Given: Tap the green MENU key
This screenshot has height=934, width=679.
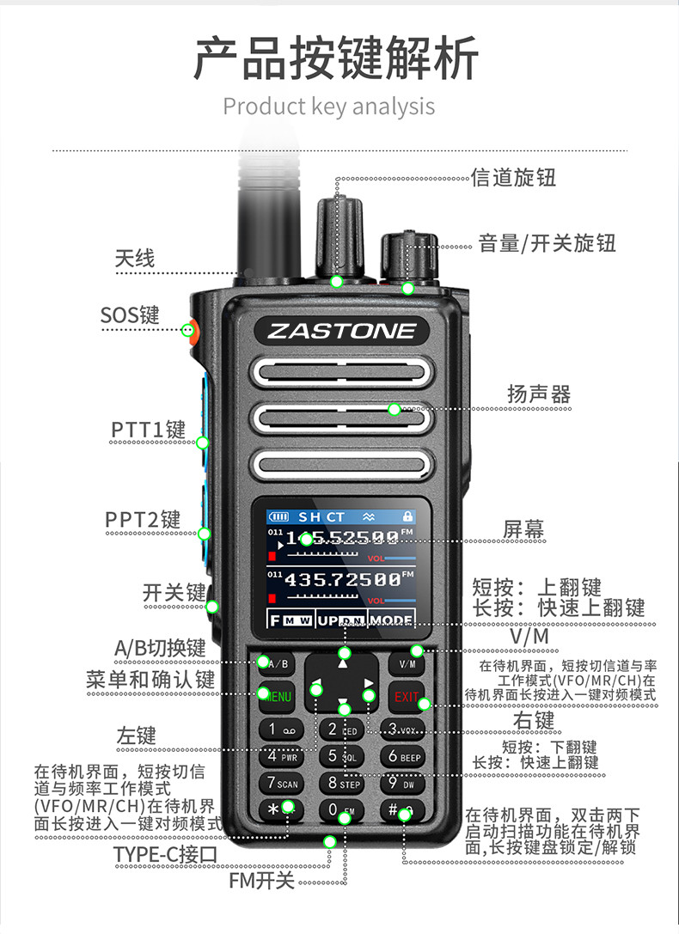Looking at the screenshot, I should (277, 696).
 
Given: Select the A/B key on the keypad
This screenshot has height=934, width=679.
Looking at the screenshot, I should (277, 663).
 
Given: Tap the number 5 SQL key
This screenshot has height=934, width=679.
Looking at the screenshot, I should (341, 757).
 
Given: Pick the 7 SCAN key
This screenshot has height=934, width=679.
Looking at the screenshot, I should (281, 784).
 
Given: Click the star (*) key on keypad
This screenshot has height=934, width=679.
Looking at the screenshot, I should (280, 809).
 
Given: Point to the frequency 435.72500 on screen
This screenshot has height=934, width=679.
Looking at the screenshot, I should (342, 580).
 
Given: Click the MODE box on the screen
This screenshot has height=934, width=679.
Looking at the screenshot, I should (391, 620).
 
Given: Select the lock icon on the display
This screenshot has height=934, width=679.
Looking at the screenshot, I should (407, 516).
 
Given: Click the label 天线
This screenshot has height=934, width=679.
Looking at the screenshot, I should (135, 258).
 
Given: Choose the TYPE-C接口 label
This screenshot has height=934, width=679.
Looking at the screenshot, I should (166, 854).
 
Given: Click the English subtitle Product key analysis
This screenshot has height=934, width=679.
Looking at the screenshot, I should (329, 107).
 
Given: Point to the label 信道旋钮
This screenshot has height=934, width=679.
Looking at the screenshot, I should (514, 178).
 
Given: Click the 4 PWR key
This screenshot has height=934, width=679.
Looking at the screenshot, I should (281, 757).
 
